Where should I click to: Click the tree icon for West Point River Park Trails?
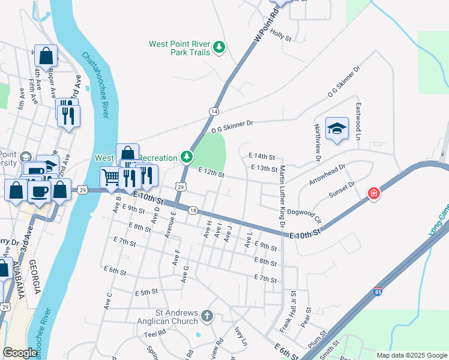[220, 47]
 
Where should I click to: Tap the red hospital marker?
[374, 193]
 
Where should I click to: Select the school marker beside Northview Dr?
[337, 128]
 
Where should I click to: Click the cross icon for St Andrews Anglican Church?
[206, 316]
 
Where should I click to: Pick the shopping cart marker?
[110, 178]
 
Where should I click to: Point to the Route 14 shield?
[214, 112]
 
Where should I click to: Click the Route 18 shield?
[192, 211]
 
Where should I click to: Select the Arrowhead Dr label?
[328, 175]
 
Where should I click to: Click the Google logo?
[20, 353]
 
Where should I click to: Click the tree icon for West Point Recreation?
[187, 157]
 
